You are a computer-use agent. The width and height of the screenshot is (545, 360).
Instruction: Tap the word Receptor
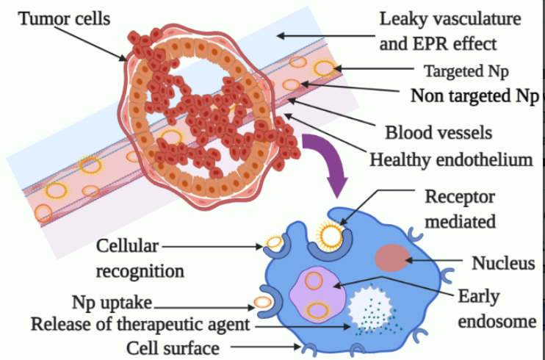click(460, 197)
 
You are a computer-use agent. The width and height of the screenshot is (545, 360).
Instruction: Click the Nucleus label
click(503, 263)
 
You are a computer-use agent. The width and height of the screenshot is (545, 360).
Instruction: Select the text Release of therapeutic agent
click(141, 324)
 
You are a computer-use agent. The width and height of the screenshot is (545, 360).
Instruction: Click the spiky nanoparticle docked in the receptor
click(329, 234)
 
